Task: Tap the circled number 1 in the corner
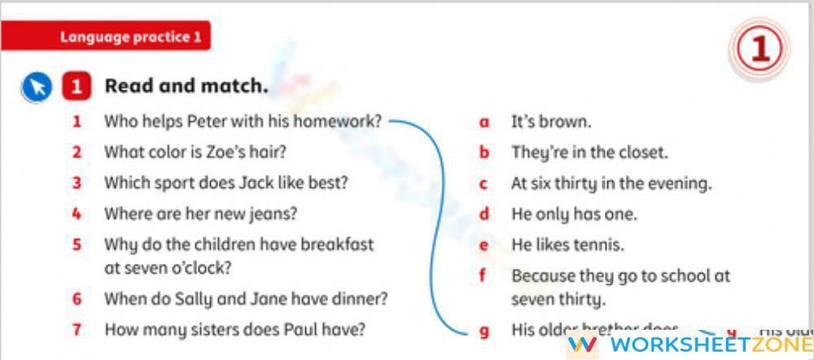(x=759, y=51)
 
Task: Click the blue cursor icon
(x=37, y=87)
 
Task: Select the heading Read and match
(x=186, y=86)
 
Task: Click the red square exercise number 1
(x=77, y=87)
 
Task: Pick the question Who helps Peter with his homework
(x=243, y=122)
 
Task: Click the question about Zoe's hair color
(x=195, y=152)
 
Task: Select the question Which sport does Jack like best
(x=225, y=183)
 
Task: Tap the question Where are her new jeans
(x=200, y=214)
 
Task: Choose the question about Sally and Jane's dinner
(x=246, y=299)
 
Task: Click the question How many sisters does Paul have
(x=234, y=330)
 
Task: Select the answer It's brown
(x=551, y=122)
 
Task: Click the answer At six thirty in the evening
(x=610, y=183)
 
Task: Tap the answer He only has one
(x=574, y=214)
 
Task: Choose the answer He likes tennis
(x=567, y=244)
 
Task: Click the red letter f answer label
(x=483, y=275)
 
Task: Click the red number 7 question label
(x=77, y=330)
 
